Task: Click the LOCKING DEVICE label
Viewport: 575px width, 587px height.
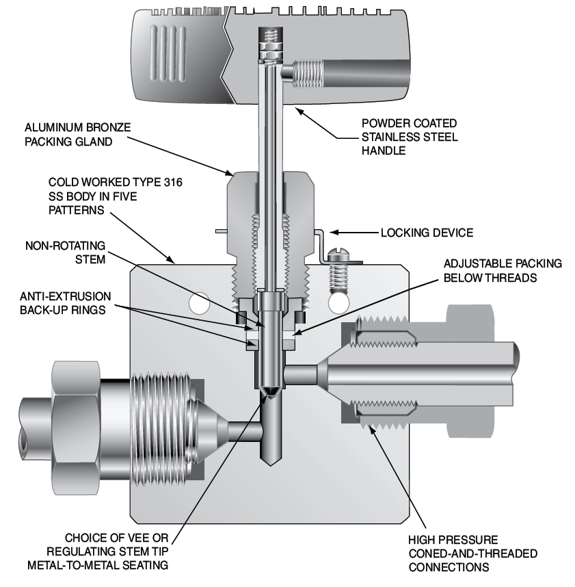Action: click(x=427, y=233)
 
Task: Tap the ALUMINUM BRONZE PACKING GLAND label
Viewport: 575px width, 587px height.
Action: click(x=78, y=134)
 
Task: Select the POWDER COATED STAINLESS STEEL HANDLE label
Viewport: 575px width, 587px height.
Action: click(x=410, y=137)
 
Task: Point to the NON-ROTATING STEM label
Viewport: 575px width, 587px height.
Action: click(x=66, y=252)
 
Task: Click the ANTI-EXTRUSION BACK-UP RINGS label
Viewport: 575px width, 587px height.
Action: click(x=66, y=303)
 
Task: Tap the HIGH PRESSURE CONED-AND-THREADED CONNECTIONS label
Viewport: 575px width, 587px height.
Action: click(x=473, y=553)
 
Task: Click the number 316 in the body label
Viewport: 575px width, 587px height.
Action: click(x=173, y=182)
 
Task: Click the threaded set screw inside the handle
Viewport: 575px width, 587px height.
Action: click(x=308, y=74)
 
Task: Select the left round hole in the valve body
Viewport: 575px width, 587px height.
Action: click(x=199, y=303)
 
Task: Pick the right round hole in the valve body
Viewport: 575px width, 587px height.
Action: click(x=338, y=303)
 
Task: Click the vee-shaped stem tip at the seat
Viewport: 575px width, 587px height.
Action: click(x=270, y=391)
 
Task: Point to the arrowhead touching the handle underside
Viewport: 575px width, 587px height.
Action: click(x=299, y=111)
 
